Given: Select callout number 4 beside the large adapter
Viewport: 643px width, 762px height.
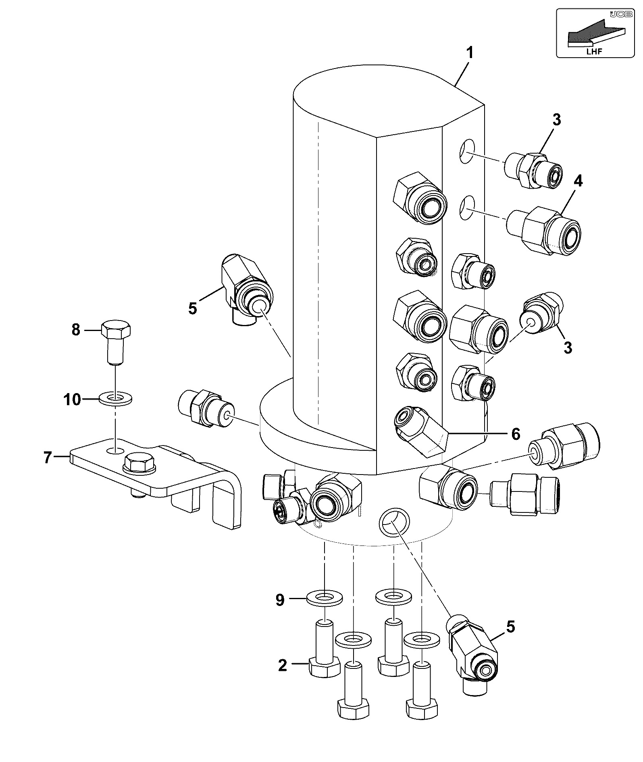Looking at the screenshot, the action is tap(578, 181).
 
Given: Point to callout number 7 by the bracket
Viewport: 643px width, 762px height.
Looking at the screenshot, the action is tap(48, 457).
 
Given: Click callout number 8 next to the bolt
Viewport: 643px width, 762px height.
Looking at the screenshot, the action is tap(76, 330).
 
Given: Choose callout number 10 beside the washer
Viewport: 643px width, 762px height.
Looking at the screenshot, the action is tap(73, 400).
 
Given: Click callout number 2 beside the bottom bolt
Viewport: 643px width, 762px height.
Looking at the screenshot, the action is tap(283, 665).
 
